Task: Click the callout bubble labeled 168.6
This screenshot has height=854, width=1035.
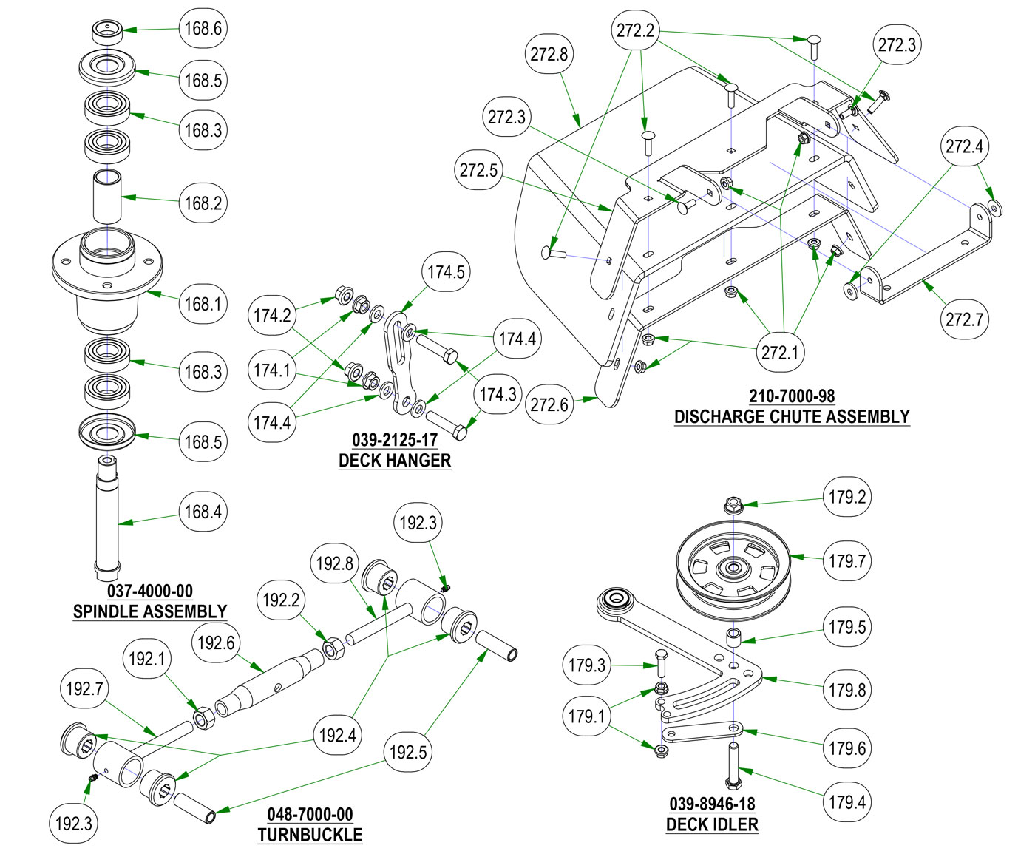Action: point(203,29)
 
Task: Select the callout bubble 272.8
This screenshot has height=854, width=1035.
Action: point(549,54)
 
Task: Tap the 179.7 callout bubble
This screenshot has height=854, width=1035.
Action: point(847,561)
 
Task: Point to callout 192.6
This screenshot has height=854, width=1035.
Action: point(216,643)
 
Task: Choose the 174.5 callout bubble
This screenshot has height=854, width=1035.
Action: point(446,272)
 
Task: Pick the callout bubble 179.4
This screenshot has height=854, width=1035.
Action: point(847,802)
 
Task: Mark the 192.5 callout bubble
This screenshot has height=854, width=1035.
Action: point(408,753)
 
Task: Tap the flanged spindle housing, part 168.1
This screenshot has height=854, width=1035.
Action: point(106,277)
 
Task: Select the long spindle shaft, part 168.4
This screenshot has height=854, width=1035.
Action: point(108,518)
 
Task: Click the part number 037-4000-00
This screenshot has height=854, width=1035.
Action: point(150,592)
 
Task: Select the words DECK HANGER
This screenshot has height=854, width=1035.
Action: point(395,461)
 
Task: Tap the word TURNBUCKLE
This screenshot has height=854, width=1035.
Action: point(310,836)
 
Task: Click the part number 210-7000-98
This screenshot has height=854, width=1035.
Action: point(792,396)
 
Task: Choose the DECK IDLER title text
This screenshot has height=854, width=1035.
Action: point(712,824)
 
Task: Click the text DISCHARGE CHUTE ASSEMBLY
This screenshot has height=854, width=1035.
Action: point(792,417)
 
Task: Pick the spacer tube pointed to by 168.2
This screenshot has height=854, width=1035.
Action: point(106,196)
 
